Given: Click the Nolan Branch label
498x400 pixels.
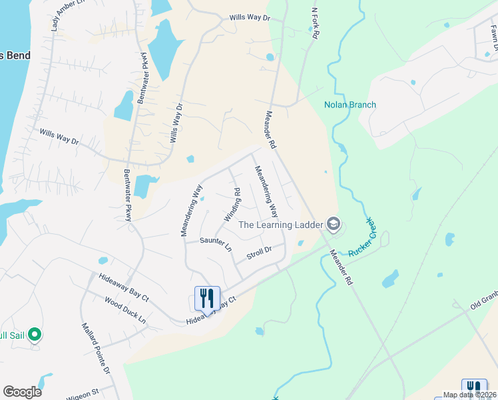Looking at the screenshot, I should click(350, 105).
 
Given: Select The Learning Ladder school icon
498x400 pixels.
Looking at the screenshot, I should click(334, 225).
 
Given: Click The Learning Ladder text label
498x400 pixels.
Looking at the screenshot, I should click(280, 225).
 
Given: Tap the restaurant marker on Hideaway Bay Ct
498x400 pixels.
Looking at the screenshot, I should click(207, 297).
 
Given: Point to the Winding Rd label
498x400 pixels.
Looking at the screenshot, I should click(232, 205).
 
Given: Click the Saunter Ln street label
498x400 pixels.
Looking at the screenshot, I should click(216, 244).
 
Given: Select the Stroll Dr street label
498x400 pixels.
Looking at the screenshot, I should click(260, 252).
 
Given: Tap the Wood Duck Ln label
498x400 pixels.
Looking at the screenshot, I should click(124, 310).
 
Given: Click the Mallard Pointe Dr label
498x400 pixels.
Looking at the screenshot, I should click(95, 349).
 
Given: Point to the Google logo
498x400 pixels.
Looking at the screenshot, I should click(22, 392).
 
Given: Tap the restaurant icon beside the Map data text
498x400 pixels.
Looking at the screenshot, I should click(473, 387).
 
